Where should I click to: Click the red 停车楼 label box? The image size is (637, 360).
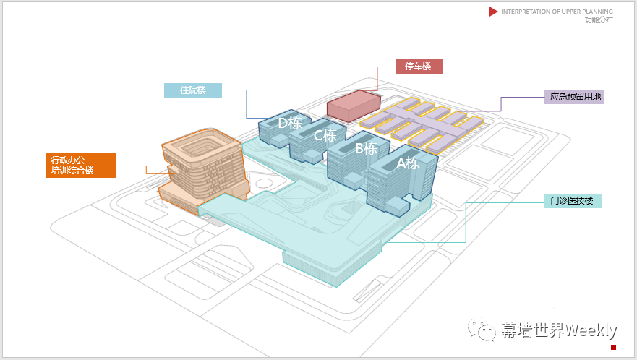pyautogui.click(x=419, y=67)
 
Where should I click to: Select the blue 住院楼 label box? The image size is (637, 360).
pyautogui.click(x=192, y=90)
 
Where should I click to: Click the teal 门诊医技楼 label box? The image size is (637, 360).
pyautogui.click(x=573, y=201)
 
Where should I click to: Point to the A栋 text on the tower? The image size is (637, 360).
pyautogui.click(x=408, y=163)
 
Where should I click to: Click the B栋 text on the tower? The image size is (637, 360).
pyautogui.click(x=366, y=149)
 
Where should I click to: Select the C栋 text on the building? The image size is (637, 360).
pyautogui.click(x=325, y=135)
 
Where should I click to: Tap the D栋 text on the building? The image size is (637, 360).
pyautogui.click(x=290, y=123)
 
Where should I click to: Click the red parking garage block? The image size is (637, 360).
pyautogui.click(x=354, y=105)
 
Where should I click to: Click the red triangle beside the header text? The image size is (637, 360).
pyautogui.click(x=494, y=12)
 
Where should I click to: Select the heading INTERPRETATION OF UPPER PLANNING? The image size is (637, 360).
pyautogui.click(x=557, y=12)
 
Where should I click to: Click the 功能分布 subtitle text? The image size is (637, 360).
pyautogui.click(x=599, y=20)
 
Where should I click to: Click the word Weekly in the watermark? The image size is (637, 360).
pyautogui.click(x=591, y=331)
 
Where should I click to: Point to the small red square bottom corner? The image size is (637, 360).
pyautogui.click(x=613, y=347)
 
